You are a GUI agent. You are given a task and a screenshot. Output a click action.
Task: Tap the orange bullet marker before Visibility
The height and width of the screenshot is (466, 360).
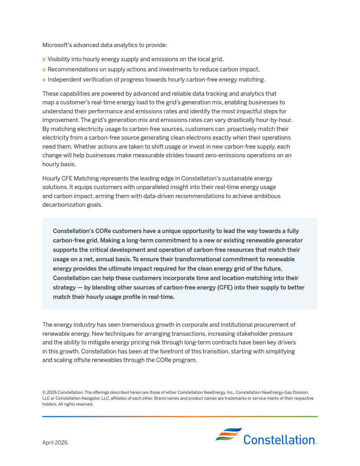pyautogui.click(x=44, y=60)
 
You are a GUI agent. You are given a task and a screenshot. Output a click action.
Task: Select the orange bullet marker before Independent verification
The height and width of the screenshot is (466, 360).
pyautogui.click(x=44, y=80)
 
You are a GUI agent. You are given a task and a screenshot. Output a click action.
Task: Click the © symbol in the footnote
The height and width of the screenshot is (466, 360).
pyautogui.click(x=44, y=392)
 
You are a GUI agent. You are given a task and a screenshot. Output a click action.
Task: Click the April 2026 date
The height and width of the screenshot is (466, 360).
pyautogui.click(x=55, y=443)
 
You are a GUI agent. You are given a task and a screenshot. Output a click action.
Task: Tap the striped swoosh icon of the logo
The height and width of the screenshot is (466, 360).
pyautogui.click(x=228, y=435)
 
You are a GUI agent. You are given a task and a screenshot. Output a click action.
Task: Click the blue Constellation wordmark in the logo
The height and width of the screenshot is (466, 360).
pyautogui.click(x=279, y=440)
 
